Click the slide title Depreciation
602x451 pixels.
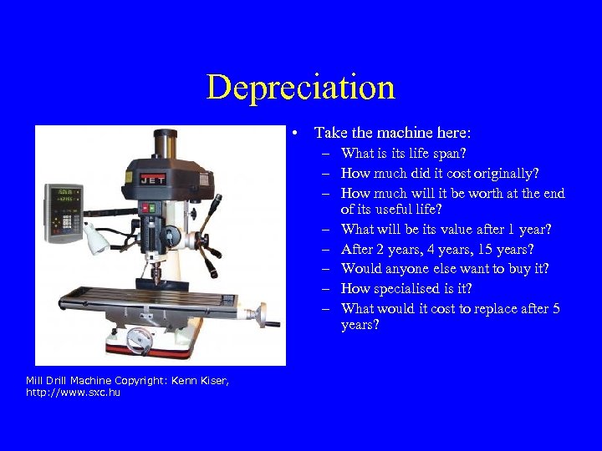(x=300, y=87)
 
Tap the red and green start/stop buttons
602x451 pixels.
(x=150, y=208)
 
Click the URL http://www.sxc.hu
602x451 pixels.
(x=74, y=392)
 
